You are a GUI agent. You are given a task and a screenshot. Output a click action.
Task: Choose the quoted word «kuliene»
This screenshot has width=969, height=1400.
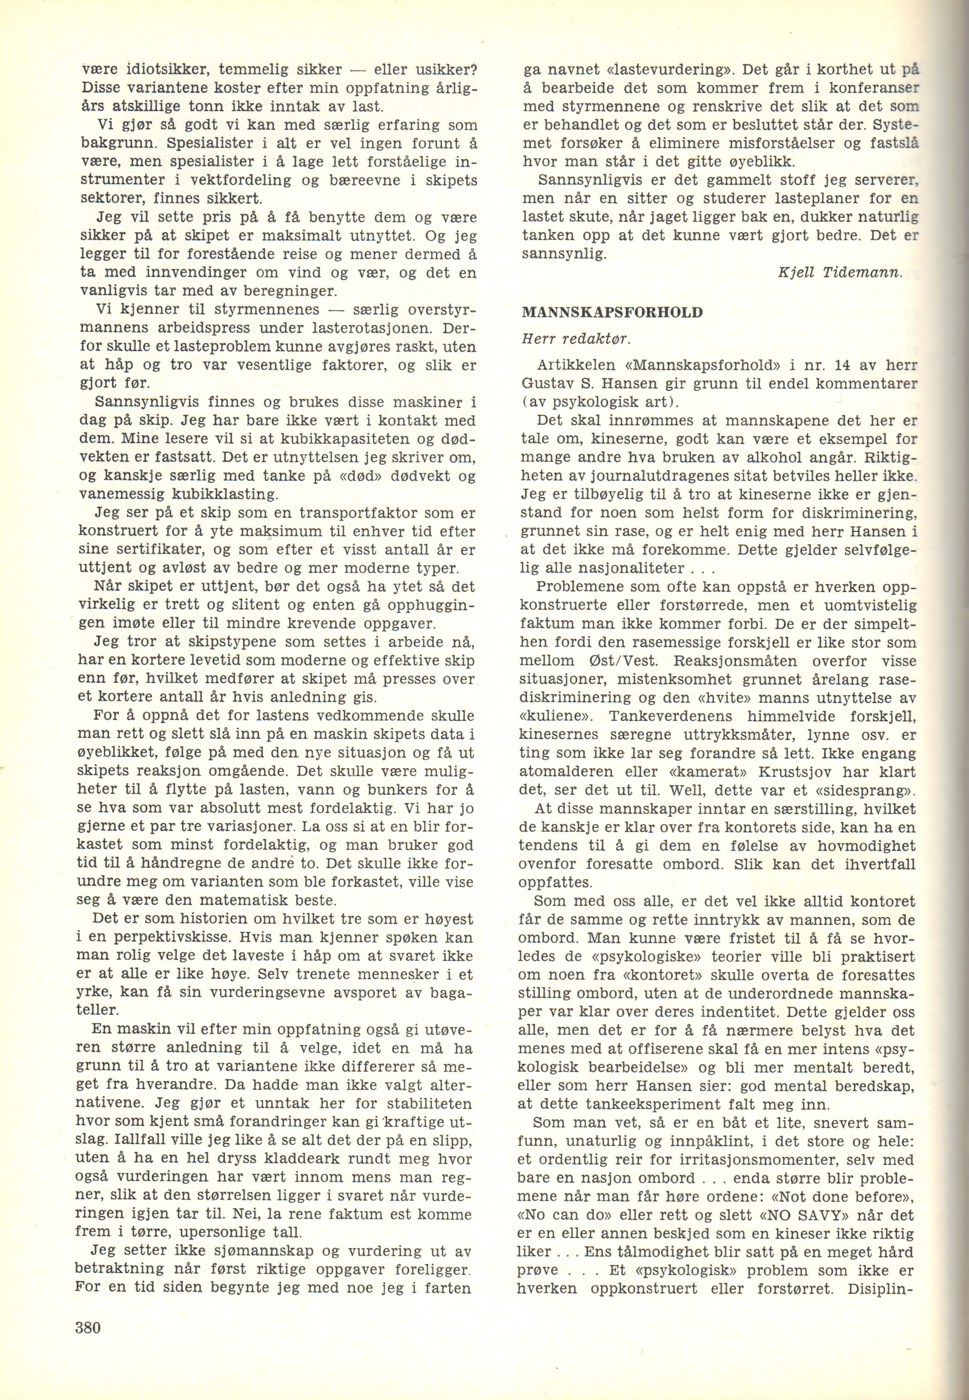548,717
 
